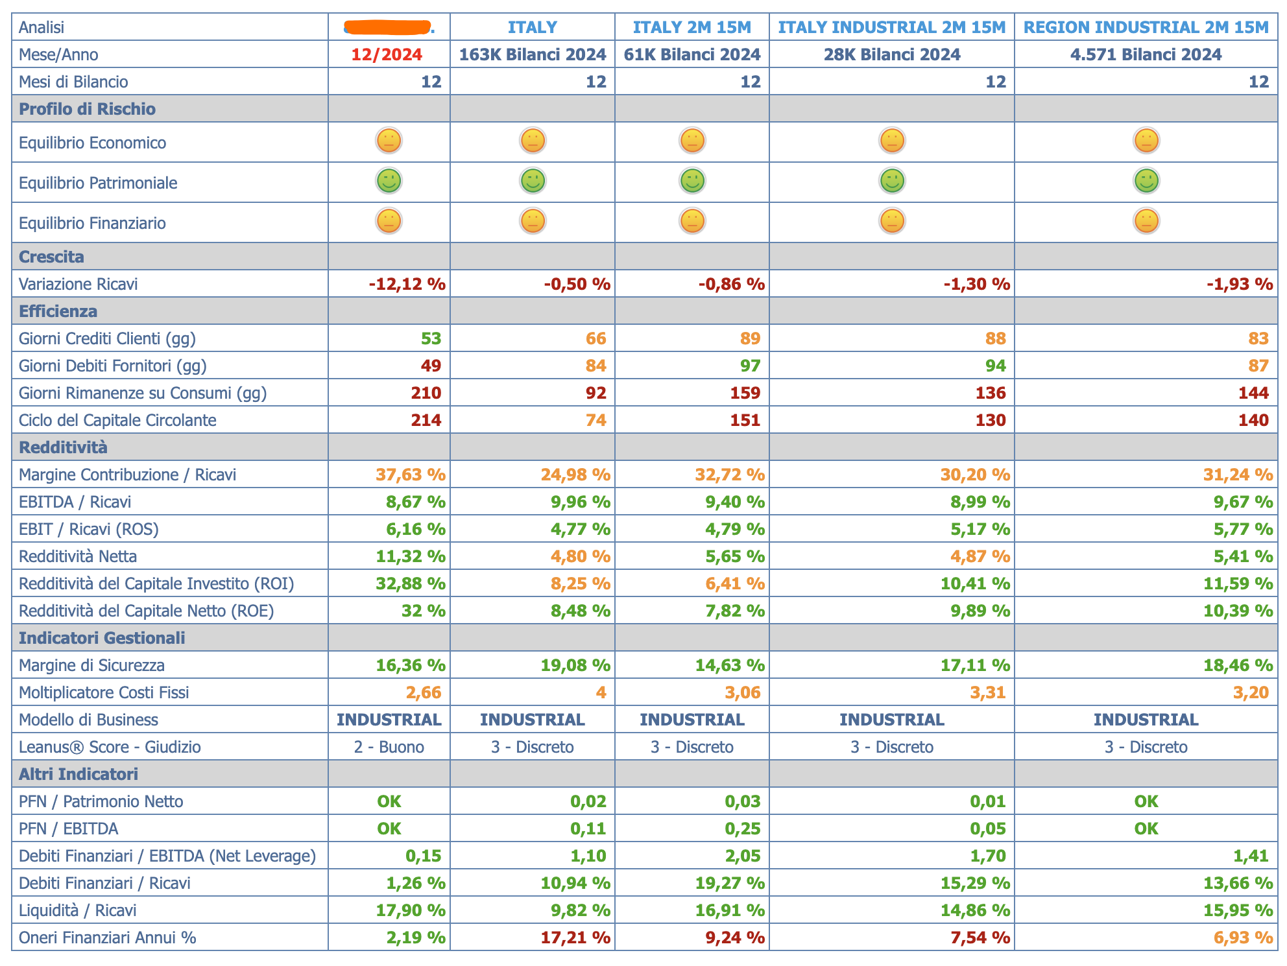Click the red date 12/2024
tap(387, 54)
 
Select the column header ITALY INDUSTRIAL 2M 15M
tap(891, 27)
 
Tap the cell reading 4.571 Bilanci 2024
tap(1146, 54)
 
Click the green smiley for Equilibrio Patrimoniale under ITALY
tap(533, 181)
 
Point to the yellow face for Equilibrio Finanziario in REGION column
tap(1146, 221)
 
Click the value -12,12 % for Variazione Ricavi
tap(407, 284)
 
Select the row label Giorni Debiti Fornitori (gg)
tap(113, 366)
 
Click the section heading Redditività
tap(63, 447)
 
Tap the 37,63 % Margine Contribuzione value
tap(411, 475)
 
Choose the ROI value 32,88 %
tap(411, 583)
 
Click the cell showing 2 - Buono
tap(389, 747)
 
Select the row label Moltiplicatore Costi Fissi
tap(104, 692)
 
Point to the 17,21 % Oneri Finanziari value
tap(575, 937)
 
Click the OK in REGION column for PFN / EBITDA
tap(1146, 829)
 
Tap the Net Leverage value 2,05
tap(742, 856)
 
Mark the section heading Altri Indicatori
tap(78, 774)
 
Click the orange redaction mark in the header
tap(388, 27)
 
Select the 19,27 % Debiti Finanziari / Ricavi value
tap(730, 883)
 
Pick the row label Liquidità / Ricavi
tap(78, 910)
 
